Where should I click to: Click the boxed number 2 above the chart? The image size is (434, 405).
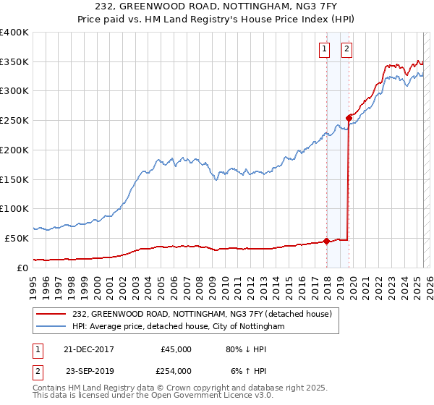coord(347,49)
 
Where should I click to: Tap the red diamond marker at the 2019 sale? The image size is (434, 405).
coord(349,117)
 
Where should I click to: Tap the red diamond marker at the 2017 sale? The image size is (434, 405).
coord(326,241)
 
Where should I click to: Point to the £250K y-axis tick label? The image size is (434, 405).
coord(14,120)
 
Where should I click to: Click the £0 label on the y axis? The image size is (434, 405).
coord(22,268)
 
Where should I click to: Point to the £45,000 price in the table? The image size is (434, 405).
coord(176,349)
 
